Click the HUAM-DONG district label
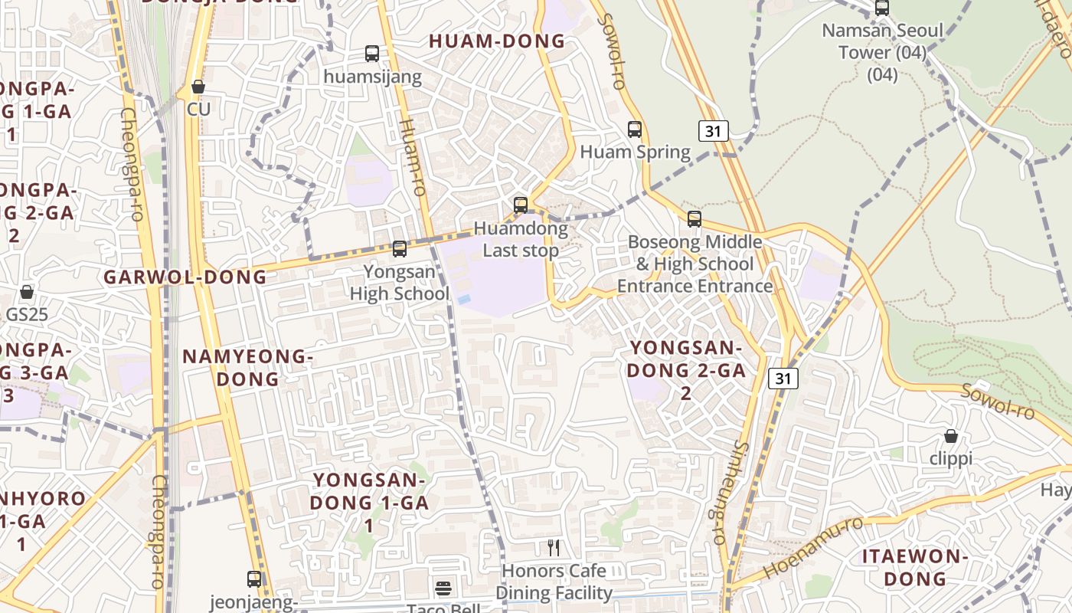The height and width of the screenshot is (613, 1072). [497, 41]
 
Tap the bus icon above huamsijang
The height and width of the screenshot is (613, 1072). [372, 54]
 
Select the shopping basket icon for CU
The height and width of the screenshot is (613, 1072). [198, 87]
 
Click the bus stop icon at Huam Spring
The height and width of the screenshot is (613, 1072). [635, 129]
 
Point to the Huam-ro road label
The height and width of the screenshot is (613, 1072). [412, 157]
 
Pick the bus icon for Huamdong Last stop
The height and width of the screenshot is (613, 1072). [521, 205]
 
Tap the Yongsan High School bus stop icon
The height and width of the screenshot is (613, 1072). [399, 249]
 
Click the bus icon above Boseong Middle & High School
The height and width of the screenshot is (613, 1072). [695, 219]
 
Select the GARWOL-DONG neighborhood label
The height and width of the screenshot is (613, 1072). [185, 277]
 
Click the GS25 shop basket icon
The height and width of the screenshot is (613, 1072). [27, 292]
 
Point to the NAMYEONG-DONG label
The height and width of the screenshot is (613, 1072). [248, 368]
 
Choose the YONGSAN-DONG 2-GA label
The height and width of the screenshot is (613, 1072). [686, 370]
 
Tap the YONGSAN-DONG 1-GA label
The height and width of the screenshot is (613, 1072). [369, 503]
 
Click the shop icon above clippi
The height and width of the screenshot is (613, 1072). [950, 436]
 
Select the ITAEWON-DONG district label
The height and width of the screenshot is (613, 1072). [916, 567]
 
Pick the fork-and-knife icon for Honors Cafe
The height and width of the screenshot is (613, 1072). [554, 548]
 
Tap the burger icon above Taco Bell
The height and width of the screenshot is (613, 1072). [443, 588]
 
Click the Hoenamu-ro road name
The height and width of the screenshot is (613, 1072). [812, 548]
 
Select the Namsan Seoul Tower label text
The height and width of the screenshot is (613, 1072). [882, 42]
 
